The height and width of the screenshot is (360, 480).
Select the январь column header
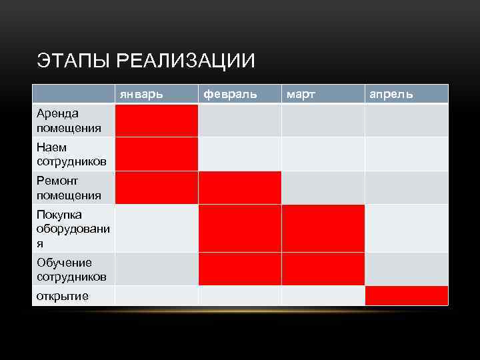click(141, 94)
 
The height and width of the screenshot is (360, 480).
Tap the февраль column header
click(230, 94)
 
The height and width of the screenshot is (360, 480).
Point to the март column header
click(301, 94)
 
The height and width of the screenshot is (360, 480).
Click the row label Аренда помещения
click(69, 121)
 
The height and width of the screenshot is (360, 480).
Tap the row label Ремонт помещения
click(69, 188)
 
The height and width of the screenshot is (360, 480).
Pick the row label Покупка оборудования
click(73, 229)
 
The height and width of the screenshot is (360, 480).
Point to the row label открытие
click(63, 296)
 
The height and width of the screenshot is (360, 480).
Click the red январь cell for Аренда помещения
click(157, 121)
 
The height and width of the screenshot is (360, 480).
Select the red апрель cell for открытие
click(407, 295)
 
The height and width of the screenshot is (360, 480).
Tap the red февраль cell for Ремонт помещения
click(240, 187)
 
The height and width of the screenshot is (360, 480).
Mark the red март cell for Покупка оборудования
click(323, 229)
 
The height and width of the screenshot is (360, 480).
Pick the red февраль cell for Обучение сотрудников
click(240, 269)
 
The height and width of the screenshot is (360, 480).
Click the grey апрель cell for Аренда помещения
click(407, 121)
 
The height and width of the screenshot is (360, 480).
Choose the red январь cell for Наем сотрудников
click(157, 154)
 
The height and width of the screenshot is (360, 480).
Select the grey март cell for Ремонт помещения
click(323, 187)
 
